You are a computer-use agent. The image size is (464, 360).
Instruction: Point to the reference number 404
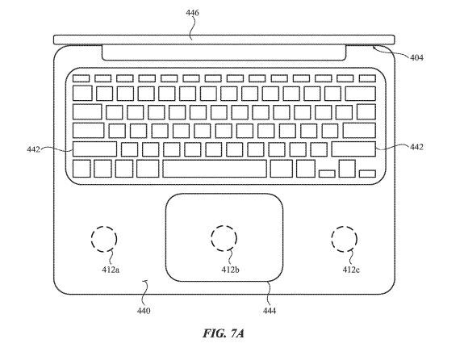[x=416, y=57]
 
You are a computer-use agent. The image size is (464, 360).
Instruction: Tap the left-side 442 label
[x=32, y=148]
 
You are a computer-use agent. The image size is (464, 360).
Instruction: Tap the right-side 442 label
[x=416, y=147]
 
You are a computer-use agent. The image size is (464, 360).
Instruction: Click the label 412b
[x=229, y=269]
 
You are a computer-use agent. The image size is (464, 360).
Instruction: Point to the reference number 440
[x=142, y=310]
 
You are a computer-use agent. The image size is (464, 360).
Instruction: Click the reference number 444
[x=268, y=310]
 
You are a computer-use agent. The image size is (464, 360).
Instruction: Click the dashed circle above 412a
[x=104, y=239]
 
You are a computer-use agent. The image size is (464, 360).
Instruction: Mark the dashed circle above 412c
[x=345, y=239]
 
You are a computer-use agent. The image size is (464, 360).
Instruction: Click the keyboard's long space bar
[x=214, y=169]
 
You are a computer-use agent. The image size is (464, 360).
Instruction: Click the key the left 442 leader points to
[x=94, y=149]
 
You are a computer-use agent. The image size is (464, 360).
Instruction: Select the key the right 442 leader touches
[x=353, y=149]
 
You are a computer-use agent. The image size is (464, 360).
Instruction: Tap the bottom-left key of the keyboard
[x=81, y=169]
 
